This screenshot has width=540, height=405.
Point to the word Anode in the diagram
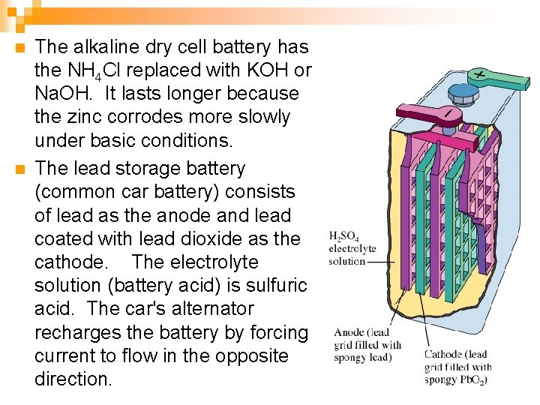click(x=349, y=332)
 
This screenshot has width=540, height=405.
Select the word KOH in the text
click(x=271, y=70)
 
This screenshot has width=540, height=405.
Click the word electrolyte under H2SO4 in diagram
click(x=352, y=249)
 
